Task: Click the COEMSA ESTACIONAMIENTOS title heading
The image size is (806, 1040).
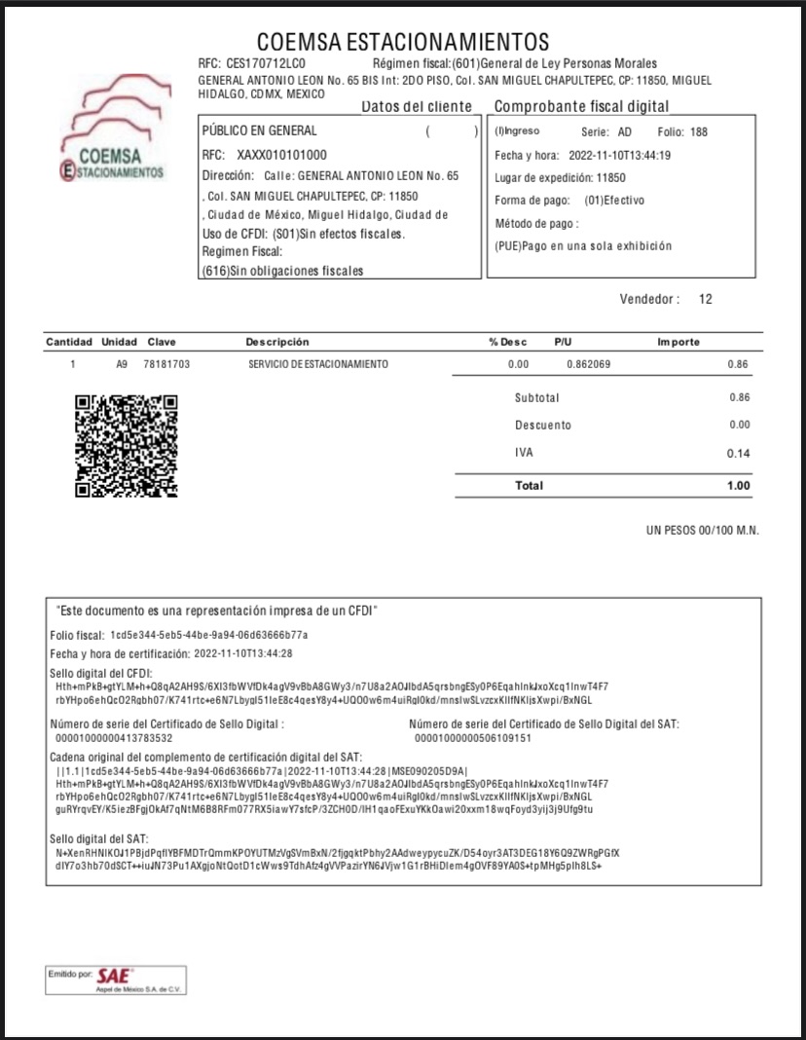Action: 403,42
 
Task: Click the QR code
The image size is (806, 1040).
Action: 127,445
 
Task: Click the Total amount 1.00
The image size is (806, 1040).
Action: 738,485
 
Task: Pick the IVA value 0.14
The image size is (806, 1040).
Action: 738,454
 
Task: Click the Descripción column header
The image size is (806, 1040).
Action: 277,342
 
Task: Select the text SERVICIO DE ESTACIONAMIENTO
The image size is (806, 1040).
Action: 318,364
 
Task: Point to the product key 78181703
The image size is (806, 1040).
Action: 166,364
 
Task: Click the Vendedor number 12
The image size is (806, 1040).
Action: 706,299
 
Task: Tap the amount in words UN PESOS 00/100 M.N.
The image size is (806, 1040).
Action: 702,530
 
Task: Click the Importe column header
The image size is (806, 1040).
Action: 678,342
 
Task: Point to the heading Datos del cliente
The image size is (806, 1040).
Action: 417,106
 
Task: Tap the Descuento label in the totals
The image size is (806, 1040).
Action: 543,426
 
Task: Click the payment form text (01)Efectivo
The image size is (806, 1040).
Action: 614,201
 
